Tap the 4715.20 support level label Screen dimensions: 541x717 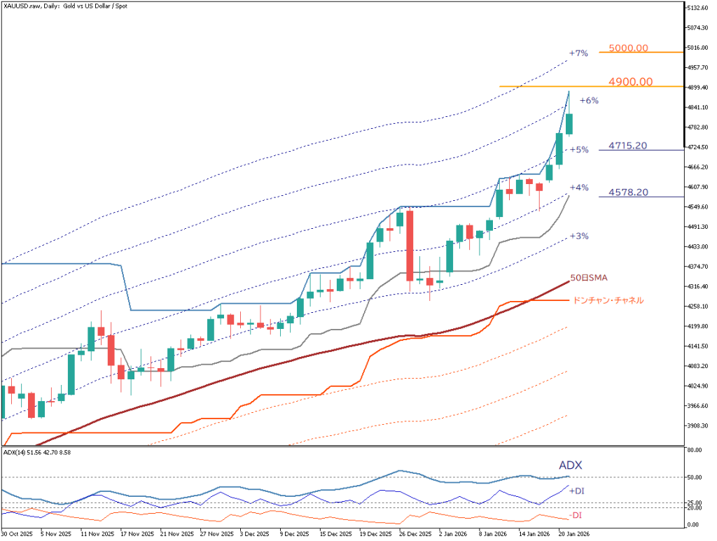pos(627,146)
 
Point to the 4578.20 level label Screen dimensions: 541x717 pos(627,192)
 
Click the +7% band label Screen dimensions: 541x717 pos(578,53)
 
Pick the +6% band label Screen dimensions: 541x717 pos(589,101)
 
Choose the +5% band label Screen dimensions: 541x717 pos(578,150)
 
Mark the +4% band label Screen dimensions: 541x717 pos(578,188)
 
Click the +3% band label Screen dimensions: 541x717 pos(578,237)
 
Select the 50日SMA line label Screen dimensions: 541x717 pos(589,278)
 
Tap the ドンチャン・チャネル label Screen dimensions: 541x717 pos(607,300)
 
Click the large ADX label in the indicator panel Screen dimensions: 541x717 pos(570,465)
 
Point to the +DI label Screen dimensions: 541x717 pos(578,491)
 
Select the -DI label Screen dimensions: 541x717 pos(576,516)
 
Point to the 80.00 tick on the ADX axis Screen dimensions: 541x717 pos(694,451)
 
